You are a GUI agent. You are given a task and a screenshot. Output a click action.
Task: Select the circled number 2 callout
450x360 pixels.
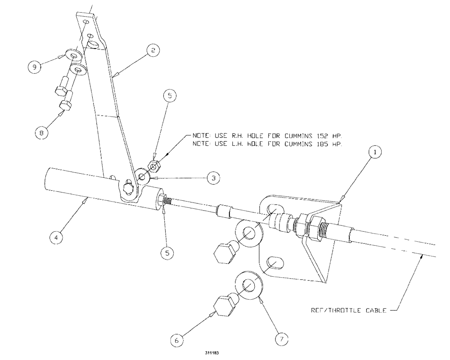(153, 51)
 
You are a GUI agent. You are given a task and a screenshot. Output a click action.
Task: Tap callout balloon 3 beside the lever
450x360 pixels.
(213, 178)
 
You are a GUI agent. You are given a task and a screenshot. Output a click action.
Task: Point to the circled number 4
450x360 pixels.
(56, 237)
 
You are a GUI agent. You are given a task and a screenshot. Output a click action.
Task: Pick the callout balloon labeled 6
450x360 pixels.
(176, 341)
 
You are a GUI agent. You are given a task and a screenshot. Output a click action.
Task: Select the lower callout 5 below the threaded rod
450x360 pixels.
(166, 252)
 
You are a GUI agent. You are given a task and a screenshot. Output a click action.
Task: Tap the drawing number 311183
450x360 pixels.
(211, 354)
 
